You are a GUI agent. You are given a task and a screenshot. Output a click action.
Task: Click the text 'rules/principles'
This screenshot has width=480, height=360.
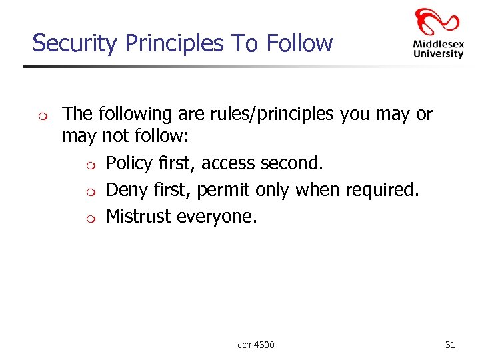[x=258, y=114]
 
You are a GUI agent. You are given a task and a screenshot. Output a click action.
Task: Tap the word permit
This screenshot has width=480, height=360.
[x=223, y=190]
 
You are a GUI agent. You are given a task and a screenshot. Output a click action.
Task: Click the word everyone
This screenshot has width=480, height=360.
[x=216, y=217]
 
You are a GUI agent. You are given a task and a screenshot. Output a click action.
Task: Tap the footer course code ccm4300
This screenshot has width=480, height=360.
[x=256, y=345]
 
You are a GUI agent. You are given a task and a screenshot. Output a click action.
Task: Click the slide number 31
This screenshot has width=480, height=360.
[x=450, y=345]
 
